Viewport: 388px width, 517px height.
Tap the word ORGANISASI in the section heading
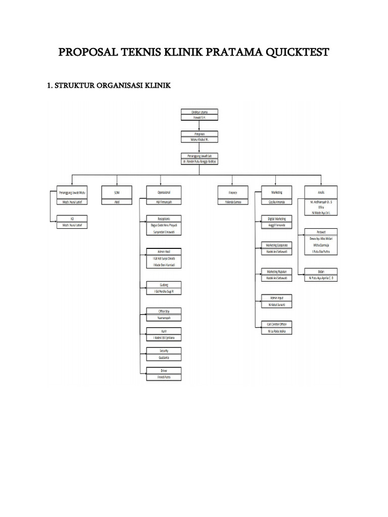coord(117,86)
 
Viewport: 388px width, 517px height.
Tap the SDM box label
coord(117,192)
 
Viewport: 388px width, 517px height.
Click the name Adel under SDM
coord(117,201)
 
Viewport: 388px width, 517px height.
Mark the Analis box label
coord(321,192)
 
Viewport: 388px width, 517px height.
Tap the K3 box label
coord(73,219)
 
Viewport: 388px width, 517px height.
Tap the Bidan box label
coord(321,271)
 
